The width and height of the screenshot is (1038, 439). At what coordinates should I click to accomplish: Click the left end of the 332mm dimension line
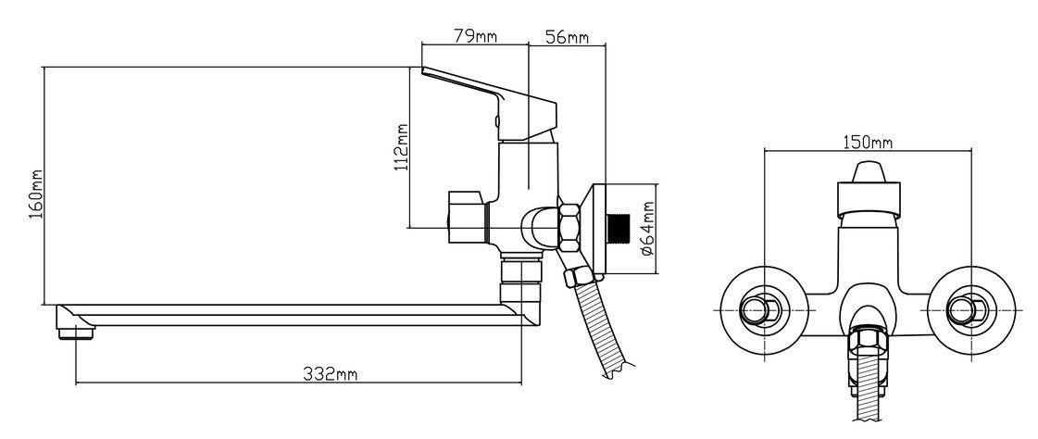(x=76, y=383)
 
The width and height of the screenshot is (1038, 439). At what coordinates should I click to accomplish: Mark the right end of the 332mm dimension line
(x=521, y=383)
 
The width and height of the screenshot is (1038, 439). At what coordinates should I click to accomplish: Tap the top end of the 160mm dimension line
(x=43, y=67)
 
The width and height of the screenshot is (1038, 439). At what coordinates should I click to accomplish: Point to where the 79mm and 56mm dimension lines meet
(x=529, y=45)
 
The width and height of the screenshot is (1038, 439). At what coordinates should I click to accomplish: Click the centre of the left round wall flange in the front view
(x=765, y=310)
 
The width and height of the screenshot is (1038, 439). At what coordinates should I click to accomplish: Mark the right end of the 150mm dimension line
(x=971, y=151)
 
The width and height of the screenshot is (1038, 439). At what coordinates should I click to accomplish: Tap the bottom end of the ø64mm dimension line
(x=655, y=273)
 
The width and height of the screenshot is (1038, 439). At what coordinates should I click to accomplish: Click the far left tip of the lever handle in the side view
(x=421, y=69)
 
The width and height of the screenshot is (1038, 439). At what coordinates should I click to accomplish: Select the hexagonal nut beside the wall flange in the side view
(x=569, y=227)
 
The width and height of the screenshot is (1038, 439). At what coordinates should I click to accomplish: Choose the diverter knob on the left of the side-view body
(x=468, y=217)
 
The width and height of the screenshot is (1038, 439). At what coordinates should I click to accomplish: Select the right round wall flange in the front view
(x=971, y=310)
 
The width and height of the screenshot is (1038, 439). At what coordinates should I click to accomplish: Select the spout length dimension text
(x=331, y=374)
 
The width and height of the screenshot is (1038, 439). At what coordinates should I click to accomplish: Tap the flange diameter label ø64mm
(x=646, y=229)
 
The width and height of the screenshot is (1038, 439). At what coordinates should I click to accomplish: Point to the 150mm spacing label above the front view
(x=868, y=143)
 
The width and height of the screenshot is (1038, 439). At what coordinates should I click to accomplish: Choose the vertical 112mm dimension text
(x=401, y=147)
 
